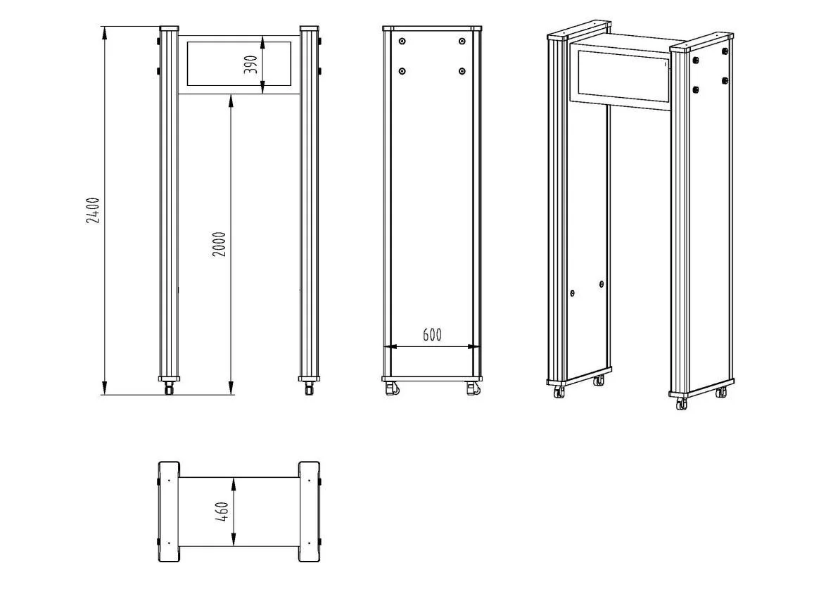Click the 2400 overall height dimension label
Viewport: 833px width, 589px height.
pyautogui.click(x=93, y=210)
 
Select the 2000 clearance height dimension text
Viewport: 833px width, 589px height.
pyautogui.click(x=219, y=244)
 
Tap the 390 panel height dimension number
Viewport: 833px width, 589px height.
pyautogui.click(x=250, y=65)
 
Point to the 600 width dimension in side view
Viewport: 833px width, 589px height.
pyautogui.click(x=432, y=335)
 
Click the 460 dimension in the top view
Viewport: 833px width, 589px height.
pyautogui.click(x=222, y=512)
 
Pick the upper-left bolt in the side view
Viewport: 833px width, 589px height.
pyautogui.click(x=402, y=42)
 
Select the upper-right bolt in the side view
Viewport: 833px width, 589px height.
pyautogui.click(x=462, y=42)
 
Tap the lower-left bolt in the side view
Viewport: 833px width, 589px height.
pyautogui.click(x=402, y=71)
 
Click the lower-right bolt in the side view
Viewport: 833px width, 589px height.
pyautogui.click(x=462, y=71)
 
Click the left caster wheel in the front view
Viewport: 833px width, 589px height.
pyautogui.click(x=170, y=388)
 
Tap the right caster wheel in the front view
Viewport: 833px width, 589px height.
pyautogui.click(x=309, y=388)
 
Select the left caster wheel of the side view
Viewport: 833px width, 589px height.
pyautogui.click(x=392, y=388)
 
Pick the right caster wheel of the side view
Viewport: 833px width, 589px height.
pyautogui.click(x=473, y=388)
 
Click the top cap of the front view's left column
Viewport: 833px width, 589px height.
pyautogui.click(x=170, y=28)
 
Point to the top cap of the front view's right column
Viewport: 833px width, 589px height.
pyautogui.click(x=309, y=28)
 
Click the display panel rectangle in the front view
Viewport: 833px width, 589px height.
pyautogui.click(x=239, y=64)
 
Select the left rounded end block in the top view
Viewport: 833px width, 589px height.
pyautogui.click(x=169, y=512)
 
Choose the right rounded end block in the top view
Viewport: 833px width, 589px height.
pyautogui.click(x=309, y=512)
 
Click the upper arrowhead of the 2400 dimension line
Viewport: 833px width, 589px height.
pyautogui.click(x=106, y=32)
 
